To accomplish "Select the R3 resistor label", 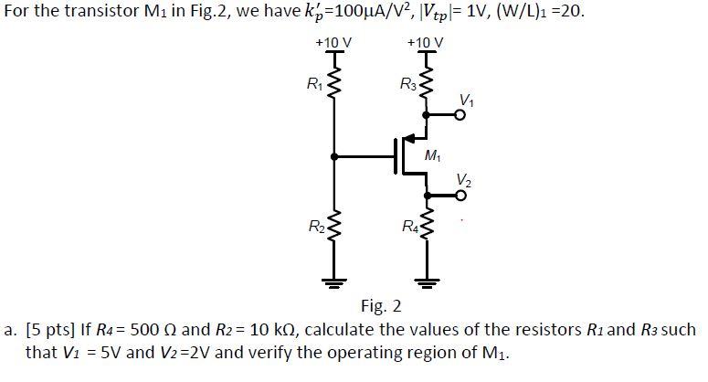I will pos(407,88).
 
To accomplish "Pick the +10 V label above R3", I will pos(427,43).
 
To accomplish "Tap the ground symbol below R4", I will pos(428,279).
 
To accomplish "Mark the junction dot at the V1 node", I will pos(428,116).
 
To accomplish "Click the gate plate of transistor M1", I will pos(396,156).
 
